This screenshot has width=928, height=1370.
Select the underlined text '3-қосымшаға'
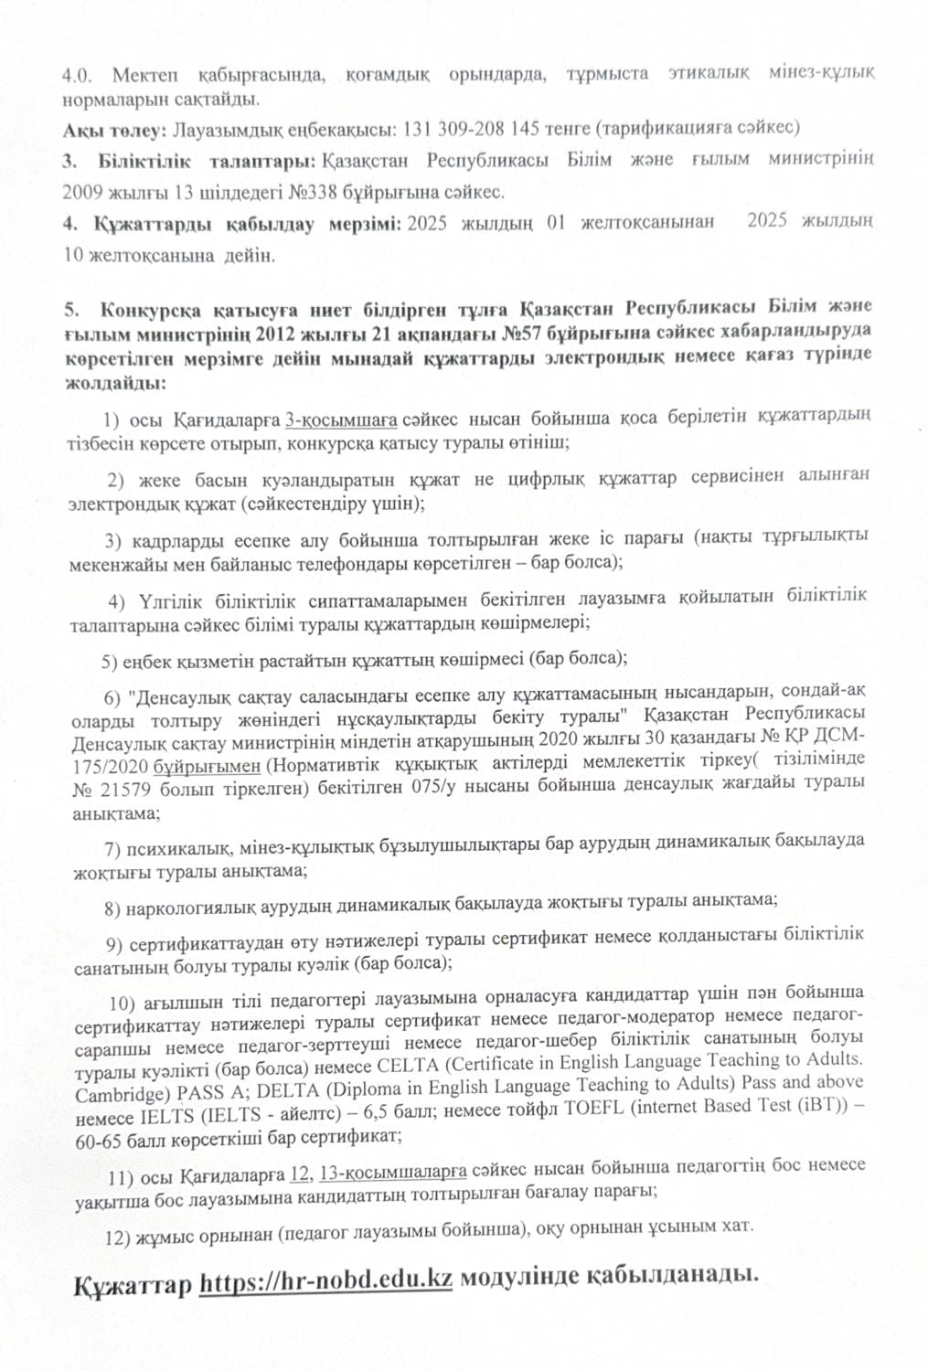341,419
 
